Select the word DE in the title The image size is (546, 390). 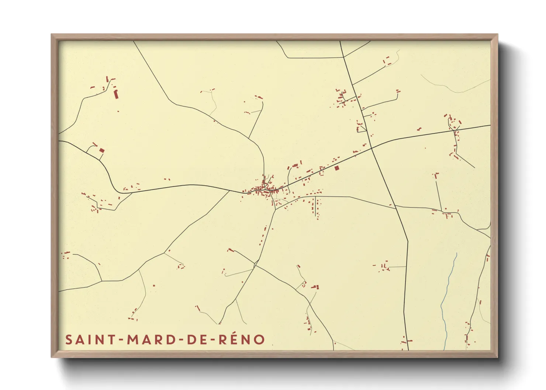196,339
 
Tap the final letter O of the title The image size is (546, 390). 259,339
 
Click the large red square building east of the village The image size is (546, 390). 336,168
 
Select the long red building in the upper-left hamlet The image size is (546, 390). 116,94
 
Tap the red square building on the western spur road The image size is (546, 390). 102,150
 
